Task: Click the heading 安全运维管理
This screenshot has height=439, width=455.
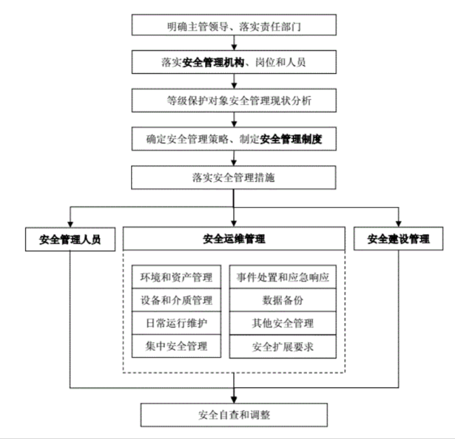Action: tap(234, 239)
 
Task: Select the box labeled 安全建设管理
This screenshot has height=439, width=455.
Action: tap(399, 240)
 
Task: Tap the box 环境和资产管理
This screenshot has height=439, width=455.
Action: tap(177, 277)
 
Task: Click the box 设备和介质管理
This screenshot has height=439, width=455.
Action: tap(177, 300)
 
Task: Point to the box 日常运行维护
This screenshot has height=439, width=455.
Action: tap(177, 323)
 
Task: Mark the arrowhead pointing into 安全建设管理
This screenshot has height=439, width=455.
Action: tap(399, 224)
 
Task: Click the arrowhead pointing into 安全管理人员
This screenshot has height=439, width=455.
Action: tap(70, 224)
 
